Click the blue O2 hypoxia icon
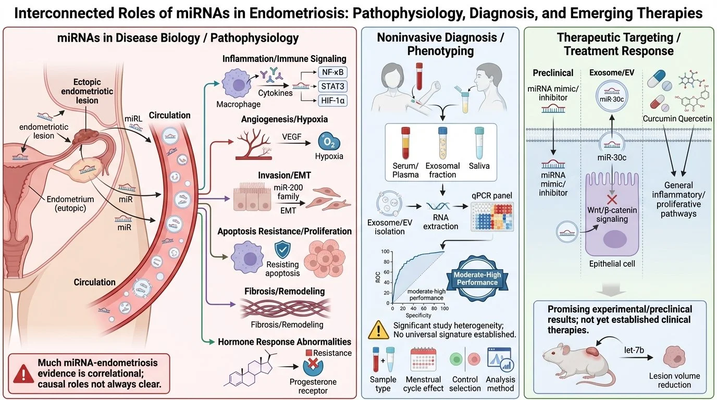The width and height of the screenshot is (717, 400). pos(326,142)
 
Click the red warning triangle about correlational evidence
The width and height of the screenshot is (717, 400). pos(22,372)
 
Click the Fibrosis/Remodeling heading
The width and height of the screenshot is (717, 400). pos(284,291)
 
